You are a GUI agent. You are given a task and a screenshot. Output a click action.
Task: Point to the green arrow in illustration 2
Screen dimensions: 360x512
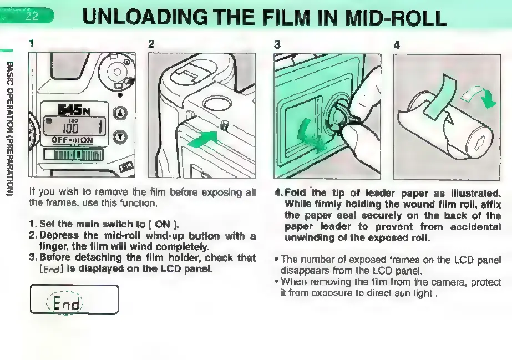203,138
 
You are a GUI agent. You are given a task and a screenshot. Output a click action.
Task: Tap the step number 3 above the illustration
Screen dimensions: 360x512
277,44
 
